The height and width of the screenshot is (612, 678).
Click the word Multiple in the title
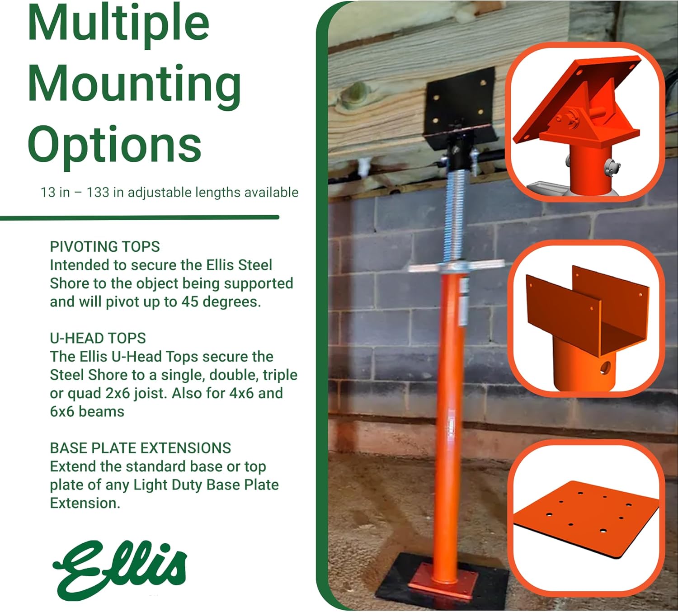click(x=118, y=24)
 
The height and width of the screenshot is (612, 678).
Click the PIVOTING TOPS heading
click(x=105, y=247)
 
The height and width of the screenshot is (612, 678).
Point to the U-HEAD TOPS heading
click(x=98, y=338)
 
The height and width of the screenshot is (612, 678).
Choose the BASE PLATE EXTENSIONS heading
click(x=140, y=448)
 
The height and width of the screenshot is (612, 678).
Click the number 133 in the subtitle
click(x=98, y=193)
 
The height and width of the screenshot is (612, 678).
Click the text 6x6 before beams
click(x=62, y=412)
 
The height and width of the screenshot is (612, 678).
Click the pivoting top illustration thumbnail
click(x=584, y=122)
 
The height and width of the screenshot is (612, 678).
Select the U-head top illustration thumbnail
click(x=586, y=319)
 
